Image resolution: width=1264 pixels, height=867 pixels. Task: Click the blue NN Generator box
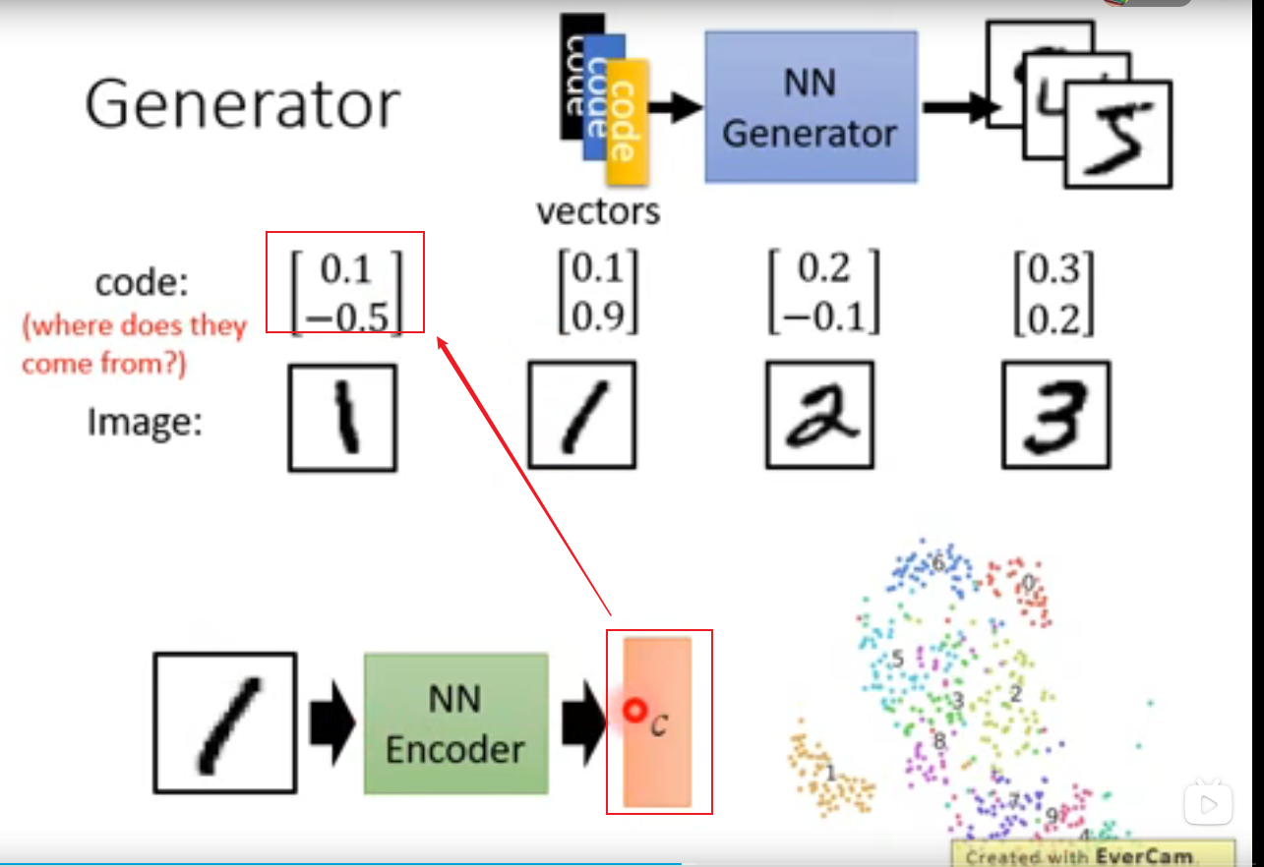(x=811, y=106)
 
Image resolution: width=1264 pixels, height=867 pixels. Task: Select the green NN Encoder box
(x=455, y=723)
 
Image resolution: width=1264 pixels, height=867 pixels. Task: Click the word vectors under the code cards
(x=598, y=210)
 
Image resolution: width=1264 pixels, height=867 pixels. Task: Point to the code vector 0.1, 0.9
(x=598, y=291)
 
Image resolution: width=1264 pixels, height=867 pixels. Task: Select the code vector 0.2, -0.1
(x=824, y=291)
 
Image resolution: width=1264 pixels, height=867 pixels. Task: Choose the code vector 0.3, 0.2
(x=1054, y=293)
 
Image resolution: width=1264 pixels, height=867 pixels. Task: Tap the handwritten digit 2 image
(x=820, y=416)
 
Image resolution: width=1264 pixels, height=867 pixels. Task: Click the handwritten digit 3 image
(x=1055, y=415)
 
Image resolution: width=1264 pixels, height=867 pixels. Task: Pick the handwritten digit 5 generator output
(x=1119, y=135)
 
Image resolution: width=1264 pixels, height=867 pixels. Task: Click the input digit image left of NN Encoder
(x=224, y=722)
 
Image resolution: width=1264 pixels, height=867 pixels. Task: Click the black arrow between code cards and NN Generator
(x=675, y=107)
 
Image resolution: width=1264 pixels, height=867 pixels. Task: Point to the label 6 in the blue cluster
(x=937, y=564)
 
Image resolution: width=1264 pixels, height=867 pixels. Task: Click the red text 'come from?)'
(x=104, y=364)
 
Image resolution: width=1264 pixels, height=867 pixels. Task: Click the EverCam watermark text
(x=1092, y=856)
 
